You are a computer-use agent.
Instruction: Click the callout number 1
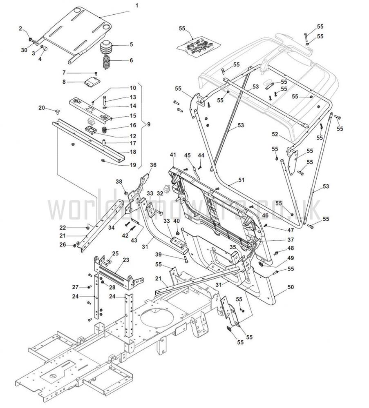pos(136,6)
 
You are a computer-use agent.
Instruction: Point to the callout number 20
pos(41,108)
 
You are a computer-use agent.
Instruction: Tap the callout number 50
pos(291,287)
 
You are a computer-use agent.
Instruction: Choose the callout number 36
pos(153,165)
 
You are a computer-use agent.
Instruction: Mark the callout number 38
pos(119,182)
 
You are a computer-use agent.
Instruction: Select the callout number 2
pos(20,28)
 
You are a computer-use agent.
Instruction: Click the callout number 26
pos(62,244)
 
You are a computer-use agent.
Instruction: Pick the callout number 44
pos(201,155)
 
